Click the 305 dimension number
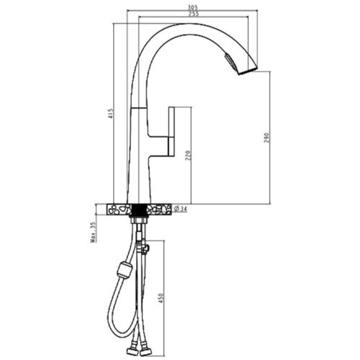tap(193, 7)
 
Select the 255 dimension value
tap(194, 14)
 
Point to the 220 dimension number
tap(188, 156)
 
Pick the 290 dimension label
tap(267, 138)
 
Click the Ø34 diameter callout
tap(180, 209)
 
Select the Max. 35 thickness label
tap(94, 232)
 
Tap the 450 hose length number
tap(161, 298)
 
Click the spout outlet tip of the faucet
tap(248, 71)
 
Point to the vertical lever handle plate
tap(171, 132)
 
